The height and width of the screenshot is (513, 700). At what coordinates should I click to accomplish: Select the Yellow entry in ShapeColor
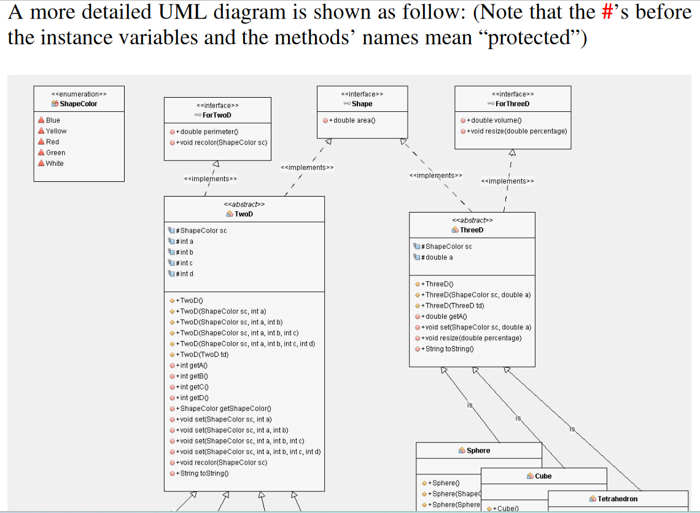click(x=56, y=131)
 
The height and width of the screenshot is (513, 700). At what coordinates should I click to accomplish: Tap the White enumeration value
click(x=55, y=163)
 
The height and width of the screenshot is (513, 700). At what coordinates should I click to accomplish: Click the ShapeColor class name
click(x=79, y=104)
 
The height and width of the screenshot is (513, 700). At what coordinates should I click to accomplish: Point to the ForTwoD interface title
click(x=217, y=116)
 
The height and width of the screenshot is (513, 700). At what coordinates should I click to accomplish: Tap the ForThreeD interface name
click(x=513, y=104)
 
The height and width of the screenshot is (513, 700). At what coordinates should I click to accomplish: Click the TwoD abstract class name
click(x=244, y=214)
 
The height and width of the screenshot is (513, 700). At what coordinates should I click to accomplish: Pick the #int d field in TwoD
click(x=185, y=274)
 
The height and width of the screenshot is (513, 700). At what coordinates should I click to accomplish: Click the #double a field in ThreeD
click(x=437, y=257)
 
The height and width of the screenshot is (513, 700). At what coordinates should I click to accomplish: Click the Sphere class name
click(x=478, y=450)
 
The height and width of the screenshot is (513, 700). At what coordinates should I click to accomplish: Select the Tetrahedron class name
click(x=617, y=499)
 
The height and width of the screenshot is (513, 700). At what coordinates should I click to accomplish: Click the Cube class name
click(x=543, y=476)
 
